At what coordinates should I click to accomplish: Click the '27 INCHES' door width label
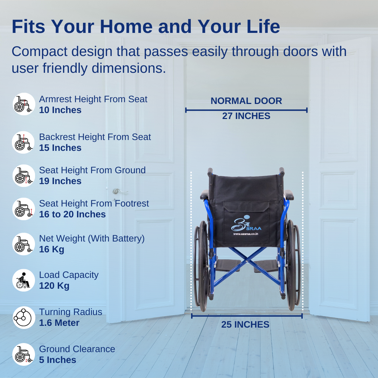click(246, 116)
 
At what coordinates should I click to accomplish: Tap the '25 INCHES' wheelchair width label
click(245, 324)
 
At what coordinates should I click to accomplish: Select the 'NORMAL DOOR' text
click(246, 101)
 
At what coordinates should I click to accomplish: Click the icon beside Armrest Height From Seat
click(24, 104)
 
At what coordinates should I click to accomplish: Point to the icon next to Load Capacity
click(24, 280)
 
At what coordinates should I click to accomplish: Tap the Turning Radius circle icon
click(24, 317)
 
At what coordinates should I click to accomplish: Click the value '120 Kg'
click(54, 286)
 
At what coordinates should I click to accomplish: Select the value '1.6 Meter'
click(59, 323)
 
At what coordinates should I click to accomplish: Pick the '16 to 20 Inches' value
click(72, 214)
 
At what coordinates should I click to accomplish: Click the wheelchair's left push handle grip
click(210, 171)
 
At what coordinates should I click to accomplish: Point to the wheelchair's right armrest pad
click(288, 195)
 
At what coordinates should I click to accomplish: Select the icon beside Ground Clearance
click(24, 354)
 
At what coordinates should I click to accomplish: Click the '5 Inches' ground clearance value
click(58, 360)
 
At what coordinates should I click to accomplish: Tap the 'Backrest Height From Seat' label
click(95, 137)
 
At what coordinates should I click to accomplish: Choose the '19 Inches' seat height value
click(60, 181)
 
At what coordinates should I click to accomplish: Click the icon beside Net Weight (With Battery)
click(24, 244)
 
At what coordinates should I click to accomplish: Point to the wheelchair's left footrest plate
click(227, 265)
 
